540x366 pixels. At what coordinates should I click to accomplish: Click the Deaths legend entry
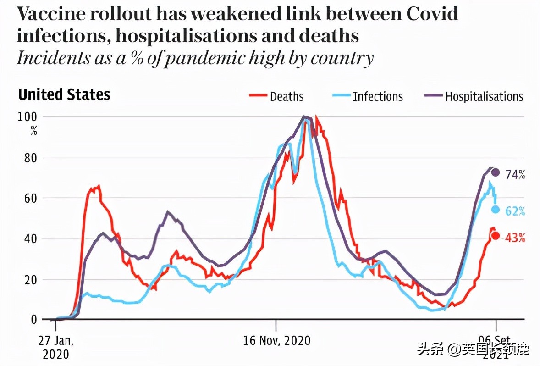coord(276,96)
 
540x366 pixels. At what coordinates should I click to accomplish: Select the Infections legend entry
coord(367,96)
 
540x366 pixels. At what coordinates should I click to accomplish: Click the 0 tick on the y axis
coord(33,320)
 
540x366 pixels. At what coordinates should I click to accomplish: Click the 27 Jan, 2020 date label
coord(55,347)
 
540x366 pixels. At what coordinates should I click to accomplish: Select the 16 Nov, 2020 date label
coord(276,341)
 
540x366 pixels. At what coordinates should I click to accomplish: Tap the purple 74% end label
coord(515,174)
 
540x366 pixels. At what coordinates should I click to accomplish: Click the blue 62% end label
coord(515,211)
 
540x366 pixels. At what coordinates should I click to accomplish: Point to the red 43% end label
coord(515,238)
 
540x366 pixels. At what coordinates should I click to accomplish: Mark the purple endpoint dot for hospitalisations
coord(495,172)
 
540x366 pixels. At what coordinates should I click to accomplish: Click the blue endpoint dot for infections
coord(495,210)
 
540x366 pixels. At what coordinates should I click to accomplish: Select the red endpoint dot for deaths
coord(495,236)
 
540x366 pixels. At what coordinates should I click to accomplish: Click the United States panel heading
coord(64,95)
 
